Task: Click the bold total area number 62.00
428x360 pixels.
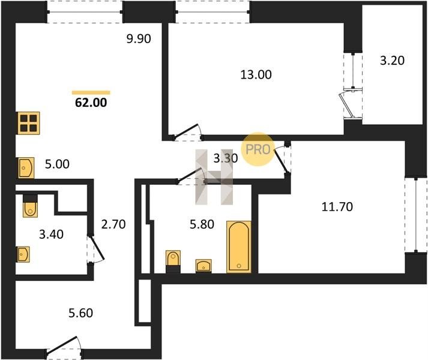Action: point(91,103)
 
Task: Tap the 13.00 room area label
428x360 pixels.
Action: point(256,74)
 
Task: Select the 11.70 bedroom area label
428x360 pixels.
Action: point(337,206)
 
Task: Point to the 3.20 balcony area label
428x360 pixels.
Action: point(392,61)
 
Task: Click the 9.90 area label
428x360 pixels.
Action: point(139,39)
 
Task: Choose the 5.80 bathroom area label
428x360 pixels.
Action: point(202,224)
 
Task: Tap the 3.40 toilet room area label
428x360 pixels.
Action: point(51,234)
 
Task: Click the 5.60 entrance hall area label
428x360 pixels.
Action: point(81,313)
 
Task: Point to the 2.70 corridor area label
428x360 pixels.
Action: point(113,224)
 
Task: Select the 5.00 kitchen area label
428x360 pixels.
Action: point(57,164)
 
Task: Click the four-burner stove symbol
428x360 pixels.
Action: point(29,123)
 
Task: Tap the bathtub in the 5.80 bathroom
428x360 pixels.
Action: point(239,247)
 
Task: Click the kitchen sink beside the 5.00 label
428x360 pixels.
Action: point(26,167)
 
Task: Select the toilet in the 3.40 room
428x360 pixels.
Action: point(30,206)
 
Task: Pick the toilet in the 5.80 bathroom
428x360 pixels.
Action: point(173,262)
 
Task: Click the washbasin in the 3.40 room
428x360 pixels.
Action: point(23,254)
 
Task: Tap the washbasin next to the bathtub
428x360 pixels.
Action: point(203,266)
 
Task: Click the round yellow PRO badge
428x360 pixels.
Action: point(258,149)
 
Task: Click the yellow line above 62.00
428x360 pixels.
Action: point(91,92)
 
